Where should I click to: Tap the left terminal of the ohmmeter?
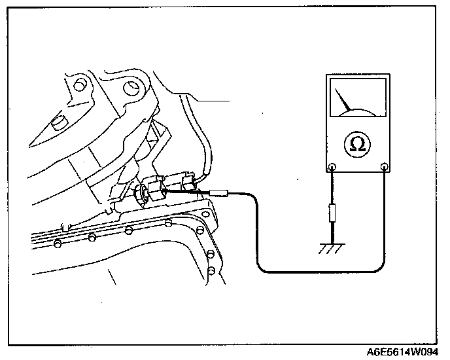point(332,167)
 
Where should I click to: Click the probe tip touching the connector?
point(219,193)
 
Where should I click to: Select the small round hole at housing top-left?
point(80,85)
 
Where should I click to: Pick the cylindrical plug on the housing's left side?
point(58,122)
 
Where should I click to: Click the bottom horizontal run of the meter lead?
point(320,270)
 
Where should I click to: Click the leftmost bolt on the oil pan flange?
point(58,244)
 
